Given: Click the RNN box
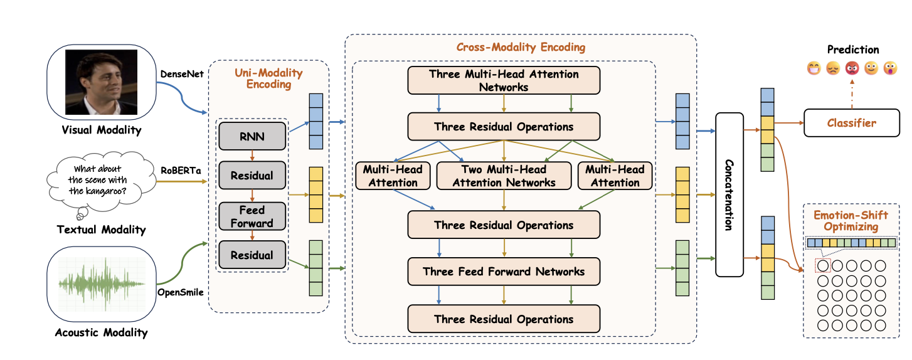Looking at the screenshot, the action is (252, 136).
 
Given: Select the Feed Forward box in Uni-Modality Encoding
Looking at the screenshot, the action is (252, 216).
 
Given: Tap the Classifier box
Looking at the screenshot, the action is (852, 122).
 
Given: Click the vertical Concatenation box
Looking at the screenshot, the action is (729, 194).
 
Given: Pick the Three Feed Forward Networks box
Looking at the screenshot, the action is (504, 271).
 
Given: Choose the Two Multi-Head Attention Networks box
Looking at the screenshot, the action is (504, 176).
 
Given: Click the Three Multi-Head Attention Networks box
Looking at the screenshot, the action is (504, 80).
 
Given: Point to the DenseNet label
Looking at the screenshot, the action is (182, 74).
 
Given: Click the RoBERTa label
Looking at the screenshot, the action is (181, 170).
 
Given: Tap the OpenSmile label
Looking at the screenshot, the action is (181, 292).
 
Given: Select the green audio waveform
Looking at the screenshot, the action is (102, 284).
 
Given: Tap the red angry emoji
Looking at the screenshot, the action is (852, 68).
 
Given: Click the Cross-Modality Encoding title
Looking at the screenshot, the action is (521, 47).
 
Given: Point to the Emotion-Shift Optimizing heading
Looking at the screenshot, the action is (851, 221).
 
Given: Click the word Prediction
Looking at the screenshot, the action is (853, 50).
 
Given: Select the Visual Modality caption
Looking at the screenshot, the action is (102, 130).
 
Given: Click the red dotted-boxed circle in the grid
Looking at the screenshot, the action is (823, 265).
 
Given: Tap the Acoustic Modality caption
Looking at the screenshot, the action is (102, 332).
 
